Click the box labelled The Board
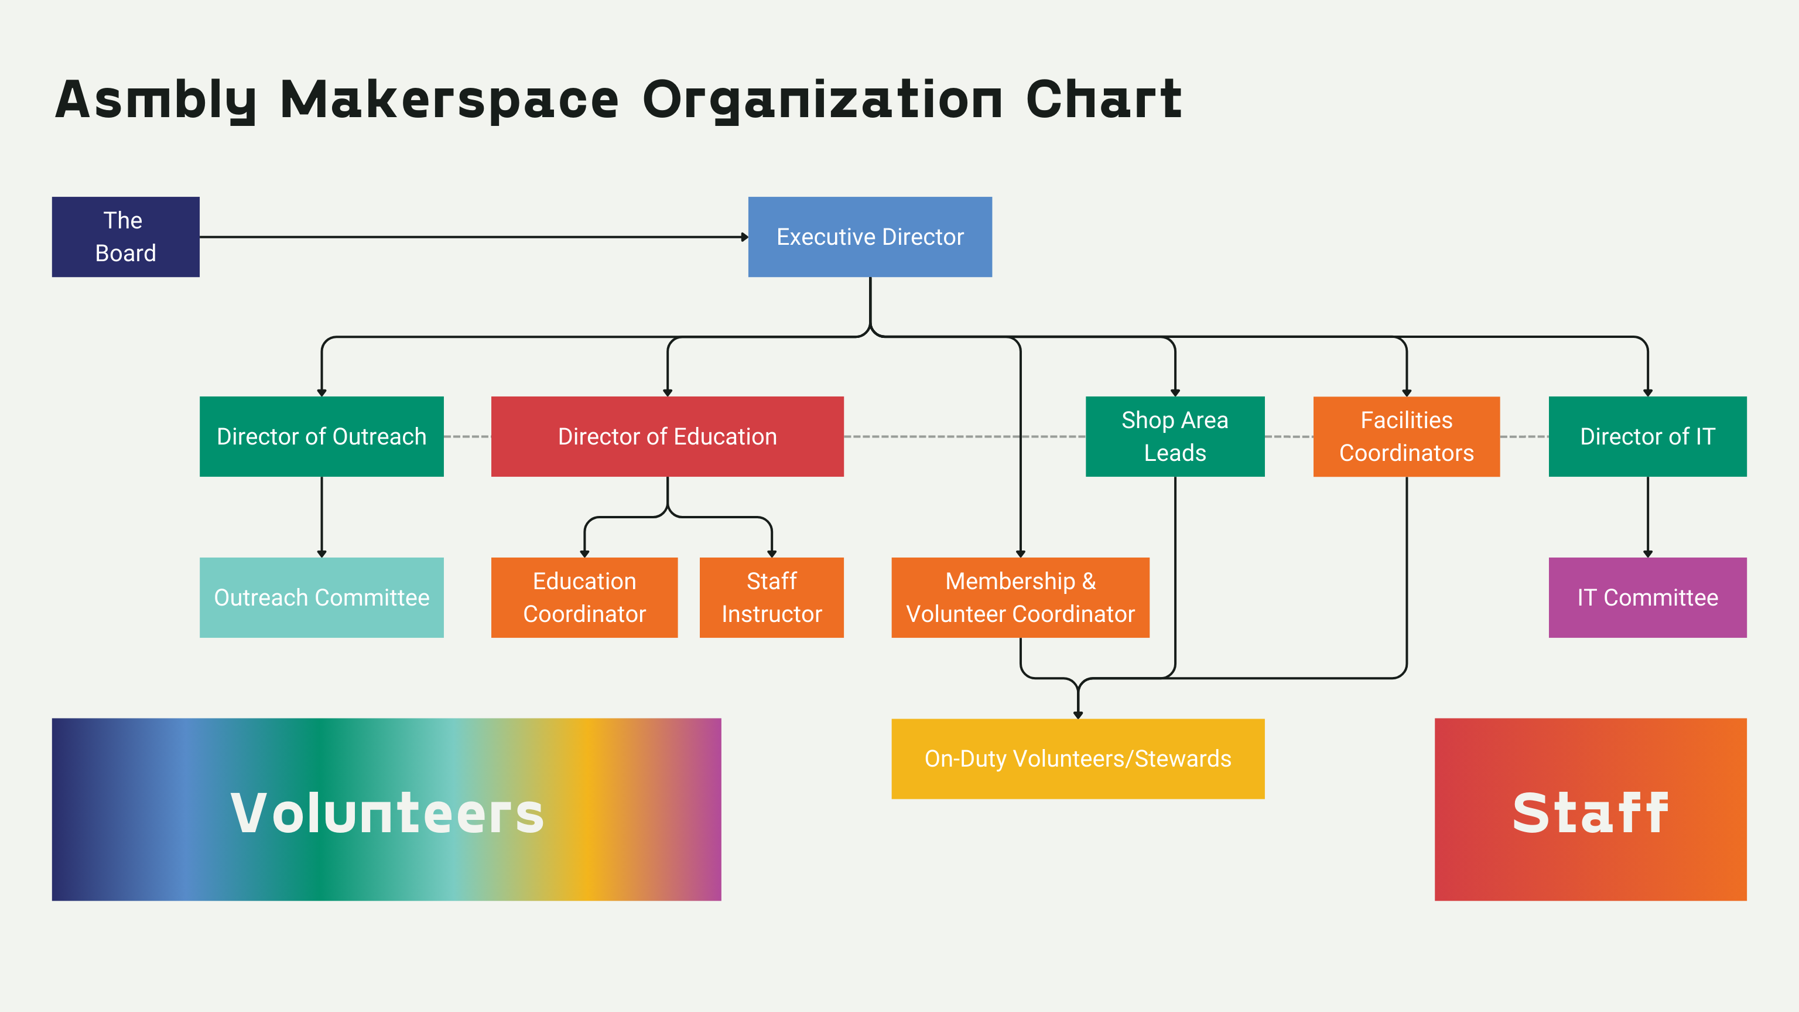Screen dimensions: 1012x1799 [x=126, y=237]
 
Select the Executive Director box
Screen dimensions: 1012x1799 [x=870, y=237]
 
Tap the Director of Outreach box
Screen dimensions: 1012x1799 [x=322, y=436]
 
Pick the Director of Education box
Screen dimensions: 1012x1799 [x=667, y=436]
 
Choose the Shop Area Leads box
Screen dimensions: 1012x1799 [x=1175, y=436]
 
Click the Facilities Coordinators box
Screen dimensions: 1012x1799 [x=1406, y=436]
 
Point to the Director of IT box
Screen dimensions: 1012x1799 [x=1647, y=436]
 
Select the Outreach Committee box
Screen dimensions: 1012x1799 [x=322, y=597]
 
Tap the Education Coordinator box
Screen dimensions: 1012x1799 [x=584, y=597]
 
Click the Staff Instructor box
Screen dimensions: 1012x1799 [x=771, y=597]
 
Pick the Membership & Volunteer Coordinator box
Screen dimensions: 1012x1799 [x=1020, y=597]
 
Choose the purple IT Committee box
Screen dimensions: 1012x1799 [x=1647, y=597]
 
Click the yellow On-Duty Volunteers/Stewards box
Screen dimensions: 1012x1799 [x=1078, y=758]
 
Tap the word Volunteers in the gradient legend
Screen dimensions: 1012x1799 [x=387, y=813]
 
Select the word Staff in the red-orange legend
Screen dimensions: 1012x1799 [x=1590, y=813]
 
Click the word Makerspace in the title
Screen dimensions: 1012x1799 [x=449, y=100]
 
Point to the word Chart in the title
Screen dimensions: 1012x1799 [x=1103, y=100]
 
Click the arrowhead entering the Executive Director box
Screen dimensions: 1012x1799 [x=744, y=237]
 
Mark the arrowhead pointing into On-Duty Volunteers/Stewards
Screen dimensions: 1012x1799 [x=1078, y=714]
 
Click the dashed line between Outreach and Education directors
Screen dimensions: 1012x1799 [x=467, y=436]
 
